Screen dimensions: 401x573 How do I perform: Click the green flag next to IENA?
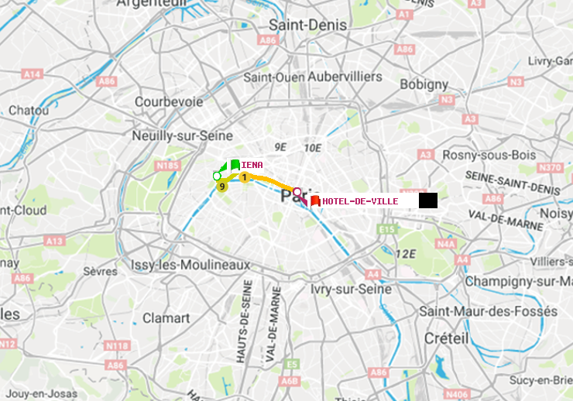pos(235,164)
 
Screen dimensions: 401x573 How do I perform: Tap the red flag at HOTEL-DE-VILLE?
pos(315,201)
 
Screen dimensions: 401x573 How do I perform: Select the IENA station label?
pos(252,165)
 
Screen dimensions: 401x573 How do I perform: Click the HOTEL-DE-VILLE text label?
pos(360,201)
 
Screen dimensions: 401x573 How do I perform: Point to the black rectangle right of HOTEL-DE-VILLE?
pos(428,200)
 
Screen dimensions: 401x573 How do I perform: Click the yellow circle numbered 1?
pos(245,178)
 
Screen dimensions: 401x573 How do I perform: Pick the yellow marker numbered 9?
pos(222,187)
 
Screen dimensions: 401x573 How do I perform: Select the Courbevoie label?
pos(169,101)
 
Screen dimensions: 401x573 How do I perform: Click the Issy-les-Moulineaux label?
pos(190,265)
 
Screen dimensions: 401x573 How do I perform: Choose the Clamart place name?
pos(166,317)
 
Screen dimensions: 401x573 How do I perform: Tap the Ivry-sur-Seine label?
pos(351,289)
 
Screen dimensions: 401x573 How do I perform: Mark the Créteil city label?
pos(446,338)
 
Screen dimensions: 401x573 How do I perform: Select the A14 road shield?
pos(32,74)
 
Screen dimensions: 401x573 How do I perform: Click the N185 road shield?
pos(167,165)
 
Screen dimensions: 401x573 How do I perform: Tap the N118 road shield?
pos(116,345)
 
